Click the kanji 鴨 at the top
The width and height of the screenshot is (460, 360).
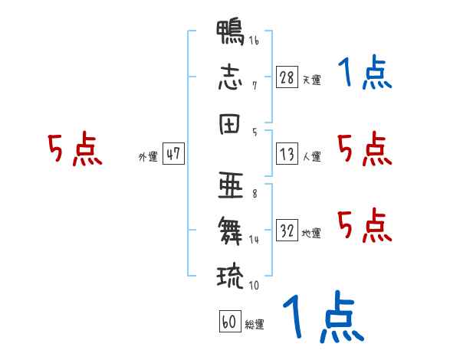(x=230, y=32)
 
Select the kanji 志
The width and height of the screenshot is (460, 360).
(x=230, y=77)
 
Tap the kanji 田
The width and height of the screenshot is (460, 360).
(x=229, y=124)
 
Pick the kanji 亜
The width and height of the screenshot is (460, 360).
(x=231, y=185)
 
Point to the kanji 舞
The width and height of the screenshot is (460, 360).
(x=230, y=231)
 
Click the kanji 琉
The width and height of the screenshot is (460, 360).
(x=230, y=277)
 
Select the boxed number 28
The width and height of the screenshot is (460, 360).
(x=287, y=77)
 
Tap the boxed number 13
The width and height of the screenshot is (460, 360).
(x=287, y=154)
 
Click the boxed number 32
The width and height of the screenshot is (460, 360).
(x=287, y=230)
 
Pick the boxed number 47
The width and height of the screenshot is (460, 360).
(x=173, y=153)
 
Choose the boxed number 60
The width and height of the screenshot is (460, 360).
(x=230, y=321)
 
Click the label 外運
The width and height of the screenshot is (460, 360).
(x=148, y=157)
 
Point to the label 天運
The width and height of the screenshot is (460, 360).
(x=312, y=80)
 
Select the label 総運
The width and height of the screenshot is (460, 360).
(x=255, y=325)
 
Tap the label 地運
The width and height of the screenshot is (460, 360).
(x=311, y=234)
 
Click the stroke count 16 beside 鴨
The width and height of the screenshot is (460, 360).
(x=254, y=41)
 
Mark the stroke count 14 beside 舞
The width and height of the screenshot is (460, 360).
(x=254, y=240)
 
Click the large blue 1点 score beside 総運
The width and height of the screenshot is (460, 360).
(x=324, y=316)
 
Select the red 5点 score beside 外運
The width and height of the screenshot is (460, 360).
(x=75, y=149)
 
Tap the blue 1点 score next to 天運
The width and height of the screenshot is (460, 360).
(x=365, y=72)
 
